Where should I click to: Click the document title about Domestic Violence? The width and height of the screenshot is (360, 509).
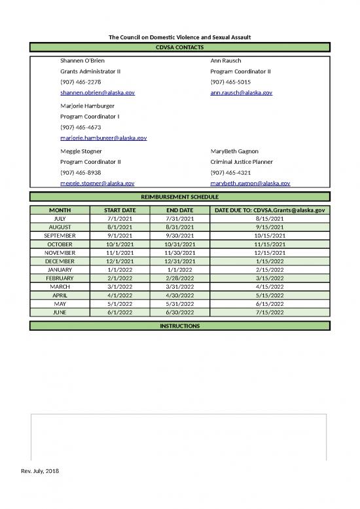(180, 37)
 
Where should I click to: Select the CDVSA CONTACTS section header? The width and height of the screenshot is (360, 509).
(180, 48)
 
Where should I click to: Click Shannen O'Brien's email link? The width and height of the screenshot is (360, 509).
(98, 93)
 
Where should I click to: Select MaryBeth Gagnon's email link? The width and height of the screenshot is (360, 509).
(250, 183)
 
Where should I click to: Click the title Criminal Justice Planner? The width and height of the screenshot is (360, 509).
(242, 161)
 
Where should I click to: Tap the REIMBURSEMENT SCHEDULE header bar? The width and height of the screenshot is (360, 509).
(180, 197)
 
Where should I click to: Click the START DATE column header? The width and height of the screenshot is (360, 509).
(120, 210)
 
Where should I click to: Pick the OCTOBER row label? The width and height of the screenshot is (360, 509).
(60, 244)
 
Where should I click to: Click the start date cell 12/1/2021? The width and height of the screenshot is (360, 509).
(120, 261)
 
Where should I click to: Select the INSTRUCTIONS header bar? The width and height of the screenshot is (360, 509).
(180, 326)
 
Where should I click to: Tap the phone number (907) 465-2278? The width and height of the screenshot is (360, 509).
(81, 82)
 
